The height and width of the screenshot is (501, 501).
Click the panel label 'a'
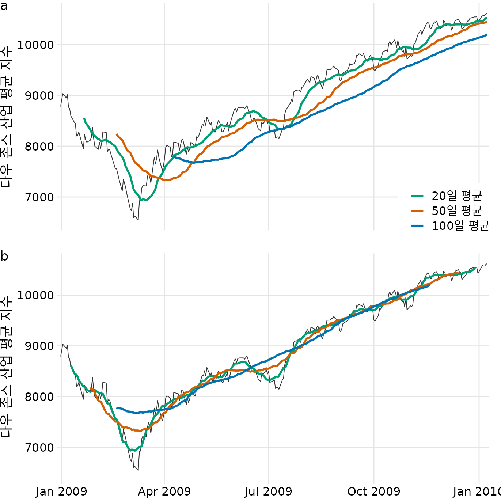tap(4, 6)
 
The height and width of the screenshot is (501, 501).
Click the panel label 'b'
tap(4, 256)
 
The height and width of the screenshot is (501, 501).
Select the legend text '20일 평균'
tap(457, 196)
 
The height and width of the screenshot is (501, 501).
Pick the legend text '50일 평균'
tap(457, 211)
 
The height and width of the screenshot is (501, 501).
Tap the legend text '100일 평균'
tap(460, 226)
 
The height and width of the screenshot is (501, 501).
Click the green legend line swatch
tap(417, 196)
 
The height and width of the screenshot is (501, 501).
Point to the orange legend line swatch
tap(417, 211)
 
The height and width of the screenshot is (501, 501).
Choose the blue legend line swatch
tap(417, 226)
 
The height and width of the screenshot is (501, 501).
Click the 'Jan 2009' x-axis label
tap(61, 491)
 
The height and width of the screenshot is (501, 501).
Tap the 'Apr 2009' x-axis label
tap(164, 491)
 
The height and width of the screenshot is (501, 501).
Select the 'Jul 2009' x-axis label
tap(269, 491)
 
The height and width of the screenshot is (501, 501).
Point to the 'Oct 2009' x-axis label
tap(374, 491)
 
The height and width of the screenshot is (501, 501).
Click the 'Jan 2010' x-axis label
tap(477, 491)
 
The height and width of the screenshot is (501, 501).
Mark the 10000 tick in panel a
tap(35, 45)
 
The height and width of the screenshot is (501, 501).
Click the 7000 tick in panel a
tap(39, 197)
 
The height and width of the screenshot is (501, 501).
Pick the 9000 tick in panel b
tap(39, 346)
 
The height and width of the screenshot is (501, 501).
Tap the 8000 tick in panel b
tap(39, 397)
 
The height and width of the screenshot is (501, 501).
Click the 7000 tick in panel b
tap(39, 448)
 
